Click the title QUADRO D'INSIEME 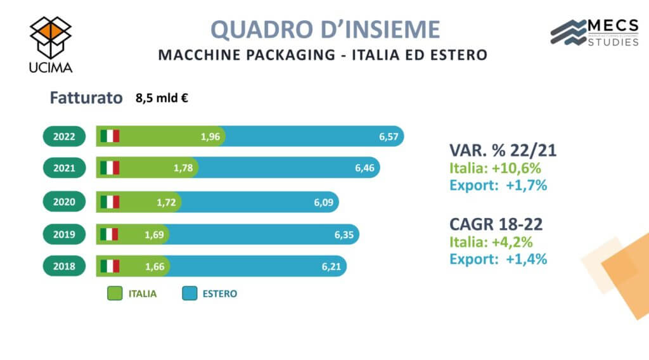(x=324, y=30)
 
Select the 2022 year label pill (x=64, y=136)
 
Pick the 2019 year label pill (x=64, y=235)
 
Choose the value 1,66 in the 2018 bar (x=155, y=267)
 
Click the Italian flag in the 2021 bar (x=110, y=168)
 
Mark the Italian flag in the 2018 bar (x=110, y=267)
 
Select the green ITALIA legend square (x=114, y=293)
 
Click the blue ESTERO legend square (x=189, y=293)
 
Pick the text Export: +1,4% (x=498, y=259)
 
